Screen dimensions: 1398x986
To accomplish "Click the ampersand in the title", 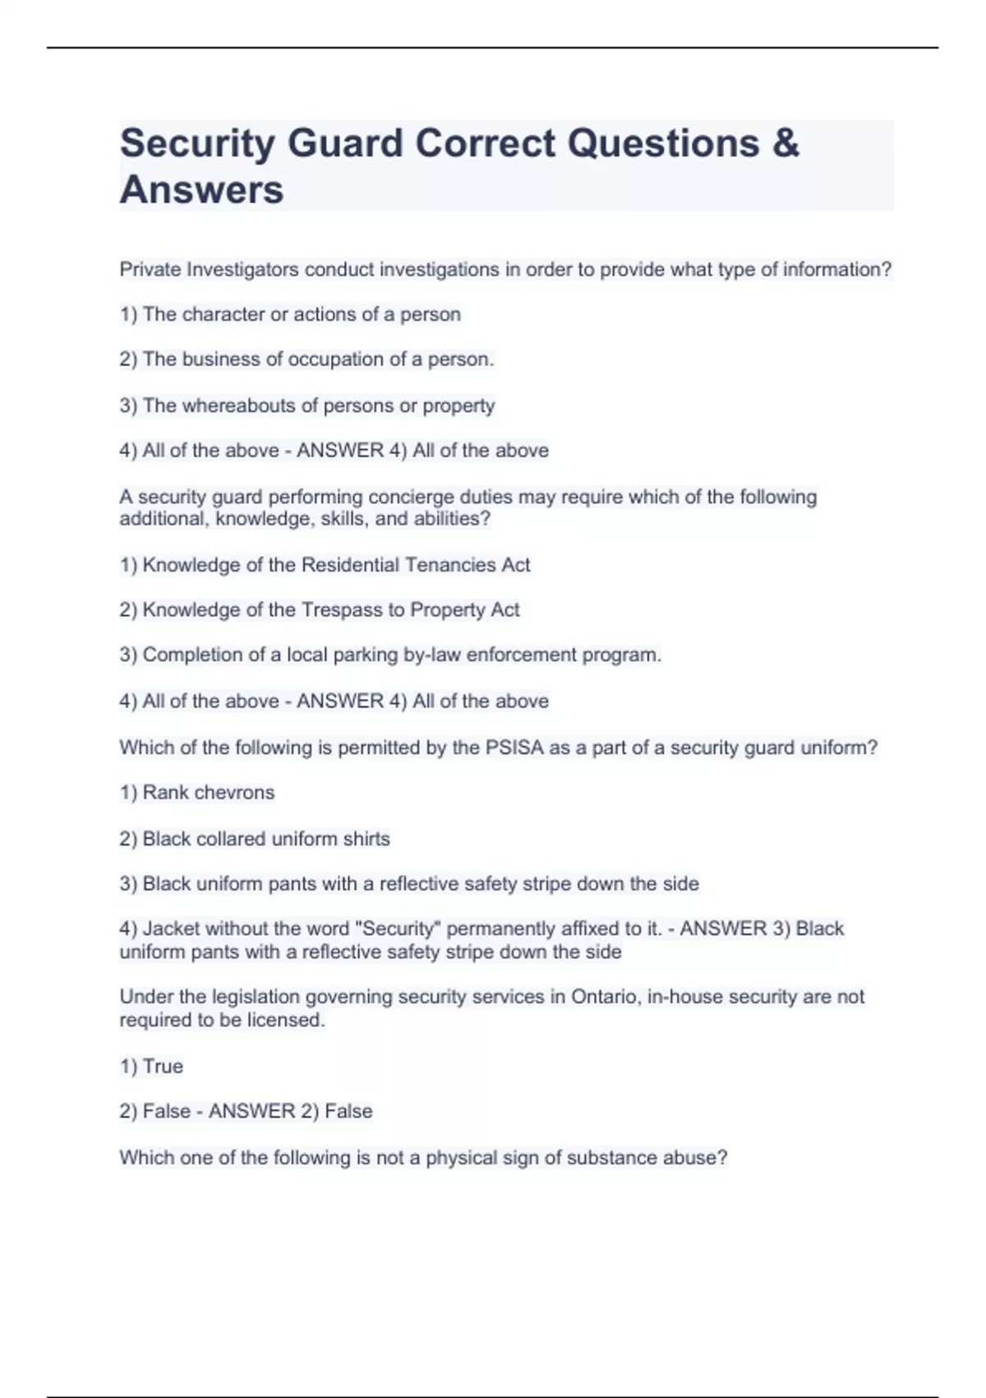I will (x=786, y=143).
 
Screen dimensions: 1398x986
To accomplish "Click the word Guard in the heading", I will (x=345, y=143).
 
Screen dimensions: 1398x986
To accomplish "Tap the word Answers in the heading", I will (x=201, y=190).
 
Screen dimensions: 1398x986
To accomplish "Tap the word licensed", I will (x=285, y=1021).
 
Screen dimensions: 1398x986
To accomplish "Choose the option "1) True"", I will (x=151, y=1067).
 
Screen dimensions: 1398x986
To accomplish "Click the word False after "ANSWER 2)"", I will (x=348, y=1112).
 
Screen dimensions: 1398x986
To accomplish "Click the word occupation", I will (x=324, y=359).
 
